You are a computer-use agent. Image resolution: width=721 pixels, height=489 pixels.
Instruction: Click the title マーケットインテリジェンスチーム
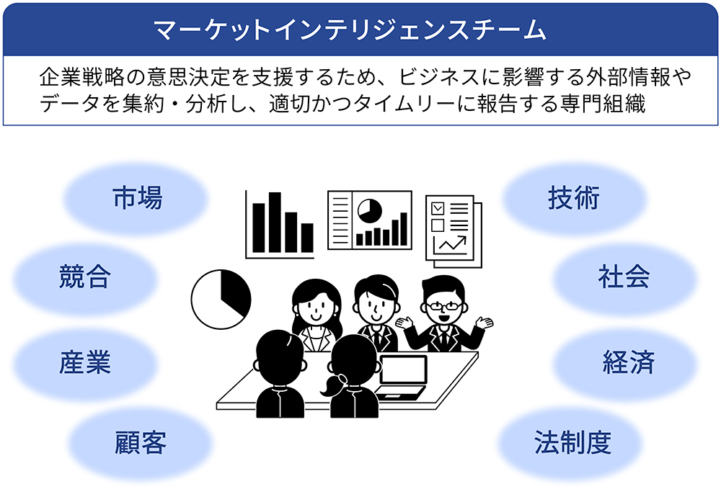point(350,30)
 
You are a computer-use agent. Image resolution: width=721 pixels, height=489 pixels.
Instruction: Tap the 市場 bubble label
point(138,198)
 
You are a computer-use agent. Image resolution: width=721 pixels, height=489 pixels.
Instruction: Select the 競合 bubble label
point(85,277)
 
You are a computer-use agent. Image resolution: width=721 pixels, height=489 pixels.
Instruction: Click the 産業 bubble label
point(85,362)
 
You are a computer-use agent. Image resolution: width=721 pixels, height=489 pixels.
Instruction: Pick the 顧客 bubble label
point(141,442)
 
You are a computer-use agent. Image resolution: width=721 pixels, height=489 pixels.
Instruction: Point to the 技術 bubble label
point(573,198)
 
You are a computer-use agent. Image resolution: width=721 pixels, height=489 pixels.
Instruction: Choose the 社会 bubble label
point(624,277)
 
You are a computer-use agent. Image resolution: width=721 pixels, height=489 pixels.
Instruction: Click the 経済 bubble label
point(629,362)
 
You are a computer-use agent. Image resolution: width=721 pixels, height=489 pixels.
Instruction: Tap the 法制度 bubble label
point(572,442)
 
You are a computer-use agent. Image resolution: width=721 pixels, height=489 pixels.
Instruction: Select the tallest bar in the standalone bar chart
point(275,223)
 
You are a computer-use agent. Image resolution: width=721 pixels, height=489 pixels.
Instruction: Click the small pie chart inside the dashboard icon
point(370,211)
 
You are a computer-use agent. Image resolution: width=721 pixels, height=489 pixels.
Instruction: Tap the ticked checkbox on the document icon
point(438,209)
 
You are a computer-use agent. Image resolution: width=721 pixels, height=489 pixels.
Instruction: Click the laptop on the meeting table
point(401,377)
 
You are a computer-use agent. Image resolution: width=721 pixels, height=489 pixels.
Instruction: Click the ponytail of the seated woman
point(332,385)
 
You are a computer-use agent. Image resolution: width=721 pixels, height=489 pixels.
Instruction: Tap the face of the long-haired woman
point(316,308)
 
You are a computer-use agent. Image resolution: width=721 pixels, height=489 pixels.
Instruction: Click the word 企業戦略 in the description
point(82,77)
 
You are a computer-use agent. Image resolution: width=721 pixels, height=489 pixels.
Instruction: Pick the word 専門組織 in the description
point(603,104)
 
